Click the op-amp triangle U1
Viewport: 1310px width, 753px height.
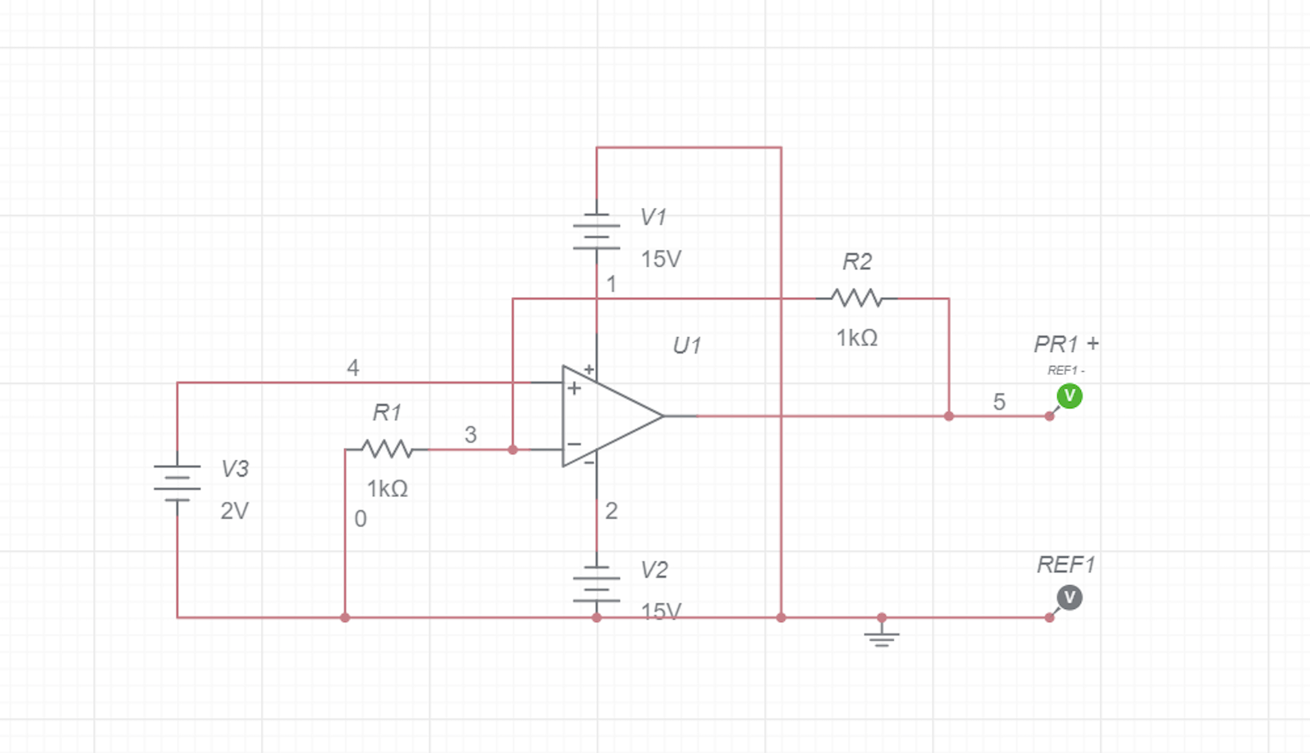click(x=605, y=416)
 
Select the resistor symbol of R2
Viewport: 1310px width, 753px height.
click(x=856, y=299)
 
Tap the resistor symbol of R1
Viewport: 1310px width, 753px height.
click(x=387, y=449)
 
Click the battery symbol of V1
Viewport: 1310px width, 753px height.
click(x=596, y=232)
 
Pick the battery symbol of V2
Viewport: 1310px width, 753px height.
click(x=596, y=583)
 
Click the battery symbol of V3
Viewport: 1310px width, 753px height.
click(x=177, y=483)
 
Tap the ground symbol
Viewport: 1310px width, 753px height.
click(x=881, y=635)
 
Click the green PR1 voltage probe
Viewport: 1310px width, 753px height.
click(x=1069, y=396)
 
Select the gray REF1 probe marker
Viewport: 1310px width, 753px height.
click(x=1069, y=597)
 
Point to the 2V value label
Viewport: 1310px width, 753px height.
click(x=234, y=511)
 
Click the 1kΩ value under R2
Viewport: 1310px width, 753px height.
click(x=856, y=338)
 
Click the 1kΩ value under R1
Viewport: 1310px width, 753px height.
click(x=387, y=489)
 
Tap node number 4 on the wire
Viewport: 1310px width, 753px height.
click(x=352, y=367)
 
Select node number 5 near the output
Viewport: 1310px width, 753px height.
click(x=998, y=402)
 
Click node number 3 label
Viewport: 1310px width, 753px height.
click(x=470, y=435)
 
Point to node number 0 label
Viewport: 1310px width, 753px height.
click(x=360, y=519)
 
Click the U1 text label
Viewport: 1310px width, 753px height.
click(x=686, y=346)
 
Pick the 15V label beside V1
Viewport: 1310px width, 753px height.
click(x=661, y=259)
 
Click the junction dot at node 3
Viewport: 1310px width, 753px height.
click(x=513, y=449)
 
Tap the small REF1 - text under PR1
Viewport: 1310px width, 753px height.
click(x=1065, y=371)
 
